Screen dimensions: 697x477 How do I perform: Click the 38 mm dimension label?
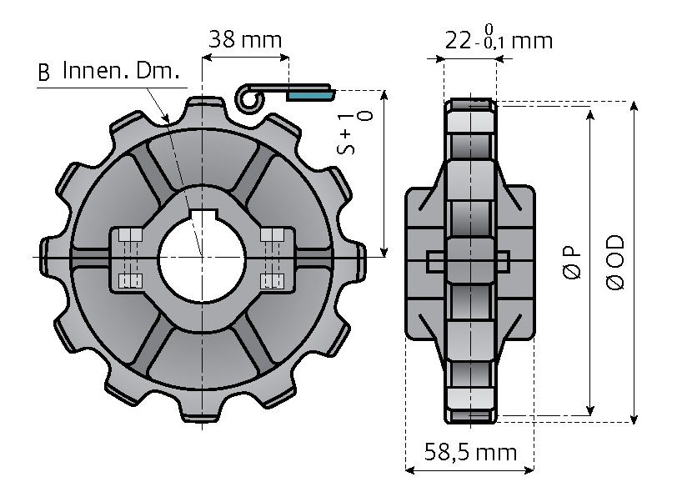tap(245, 39)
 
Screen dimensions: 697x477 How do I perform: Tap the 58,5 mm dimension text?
tap(471, 452)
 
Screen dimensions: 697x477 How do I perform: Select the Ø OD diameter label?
tap(615, 263)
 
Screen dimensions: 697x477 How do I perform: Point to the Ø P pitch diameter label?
tap(572, 263)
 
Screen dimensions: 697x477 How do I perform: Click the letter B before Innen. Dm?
tap(43, 73)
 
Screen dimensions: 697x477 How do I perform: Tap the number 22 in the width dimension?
tap(458, 42)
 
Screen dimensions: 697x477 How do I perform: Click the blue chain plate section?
tap(309, 95)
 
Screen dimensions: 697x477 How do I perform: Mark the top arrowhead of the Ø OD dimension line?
tap(634, 106)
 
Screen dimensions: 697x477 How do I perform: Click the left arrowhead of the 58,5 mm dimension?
tap(411, 469)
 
